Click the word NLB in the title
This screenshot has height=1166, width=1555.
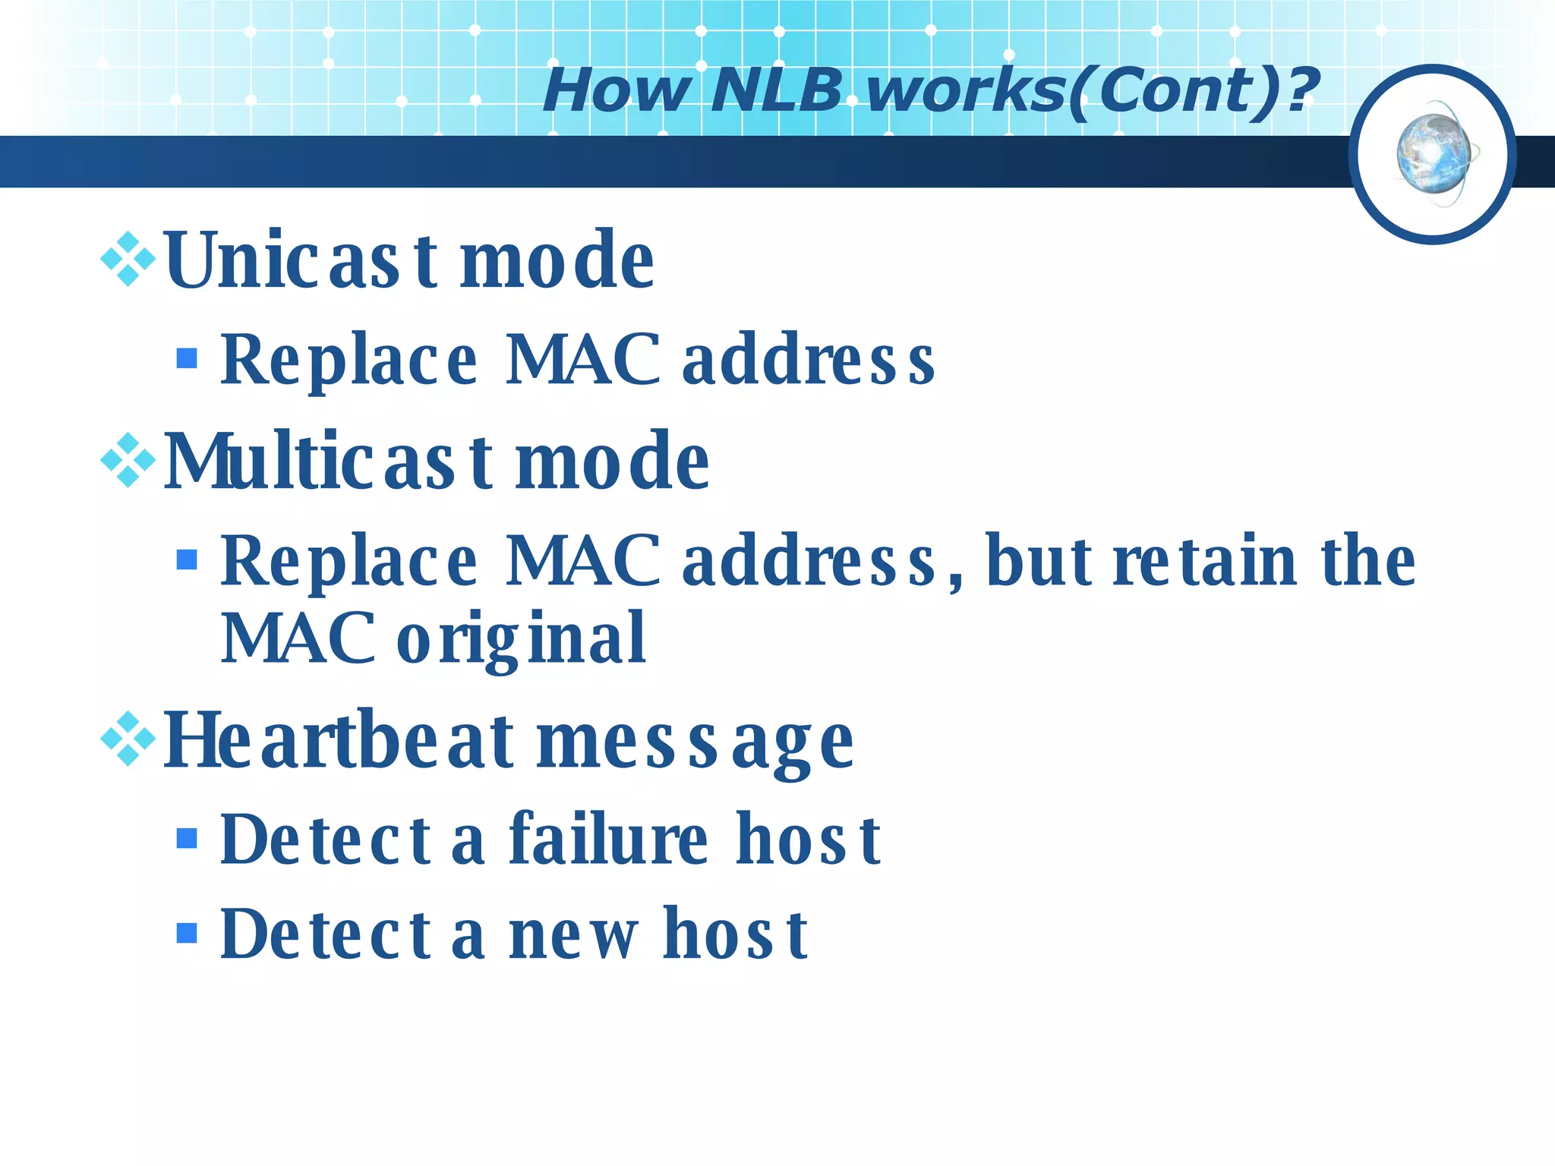(776, 90)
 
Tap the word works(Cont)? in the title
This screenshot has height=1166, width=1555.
(1092, 90)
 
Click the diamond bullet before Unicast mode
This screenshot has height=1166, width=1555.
(128, 260)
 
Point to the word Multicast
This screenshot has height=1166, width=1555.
(328, 462)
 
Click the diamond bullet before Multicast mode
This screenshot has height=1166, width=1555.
(128, 460)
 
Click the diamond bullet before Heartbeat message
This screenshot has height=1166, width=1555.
(128, 739)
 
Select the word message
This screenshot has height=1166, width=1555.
(695, 744)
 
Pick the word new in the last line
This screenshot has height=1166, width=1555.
(573, 936)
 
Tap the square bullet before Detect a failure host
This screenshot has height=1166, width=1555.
(187, 838)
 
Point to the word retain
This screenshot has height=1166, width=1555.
(1204, 561)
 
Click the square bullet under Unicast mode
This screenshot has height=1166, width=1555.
(187, 358)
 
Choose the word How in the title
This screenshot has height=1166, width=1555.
(616, 90)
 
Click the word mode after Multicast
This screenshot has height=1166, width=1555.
(612, 462)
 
